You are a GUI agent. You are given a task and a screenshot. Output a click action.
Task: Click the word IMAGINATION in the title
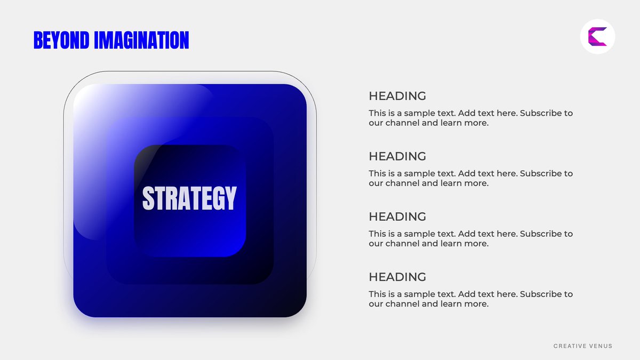[x=141, y=41]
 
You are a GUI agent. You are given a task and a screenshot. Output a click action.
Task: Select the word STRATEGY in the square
[x=189, y=198]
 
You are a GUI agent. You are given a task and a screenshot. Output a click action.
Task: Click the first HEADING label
[x=397, y=96]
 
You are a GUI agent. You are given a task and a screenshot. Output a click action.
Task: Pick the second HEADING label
[x=397, y=156]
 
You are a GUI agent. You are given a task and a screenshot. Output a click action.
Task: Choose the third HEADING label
[x=397, y=217]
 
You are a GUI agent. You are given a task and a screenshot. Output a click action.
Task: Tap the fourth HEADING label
[x=397, y=277]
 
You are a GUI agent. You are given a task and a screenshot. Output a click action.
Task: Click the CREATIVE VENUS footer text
[x=583, y=346]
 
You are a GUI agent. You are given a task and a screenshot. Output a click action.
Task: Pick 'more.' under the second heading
[x=478, y=183]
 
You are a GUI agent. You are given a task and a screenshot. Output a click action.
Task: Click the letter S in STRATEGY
[x=148, y=198]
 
